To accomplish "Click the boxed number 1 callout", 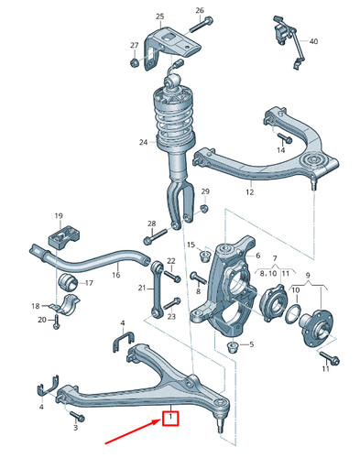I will (169, 420).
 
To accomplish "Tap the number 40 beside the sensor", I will (313, 42).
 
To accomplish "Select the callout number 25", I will (160, 17).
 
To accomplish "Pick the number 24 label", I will (144, 141).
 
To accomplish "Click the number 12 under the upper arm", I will (248, 192).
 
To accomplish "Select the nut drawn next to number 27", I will (135, 62).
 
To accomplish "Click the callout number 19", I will (57, 216).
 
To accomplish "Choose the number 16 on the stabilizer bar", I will (116, 274).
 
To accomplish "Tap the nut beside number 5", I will (232, 346).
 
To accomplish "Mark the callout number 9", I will (309, 274).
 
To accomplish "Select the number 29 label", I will (205, 191).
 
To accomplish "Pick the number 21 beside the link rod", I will (142, 288).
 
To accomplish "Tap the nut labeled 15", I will (206, 251).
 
